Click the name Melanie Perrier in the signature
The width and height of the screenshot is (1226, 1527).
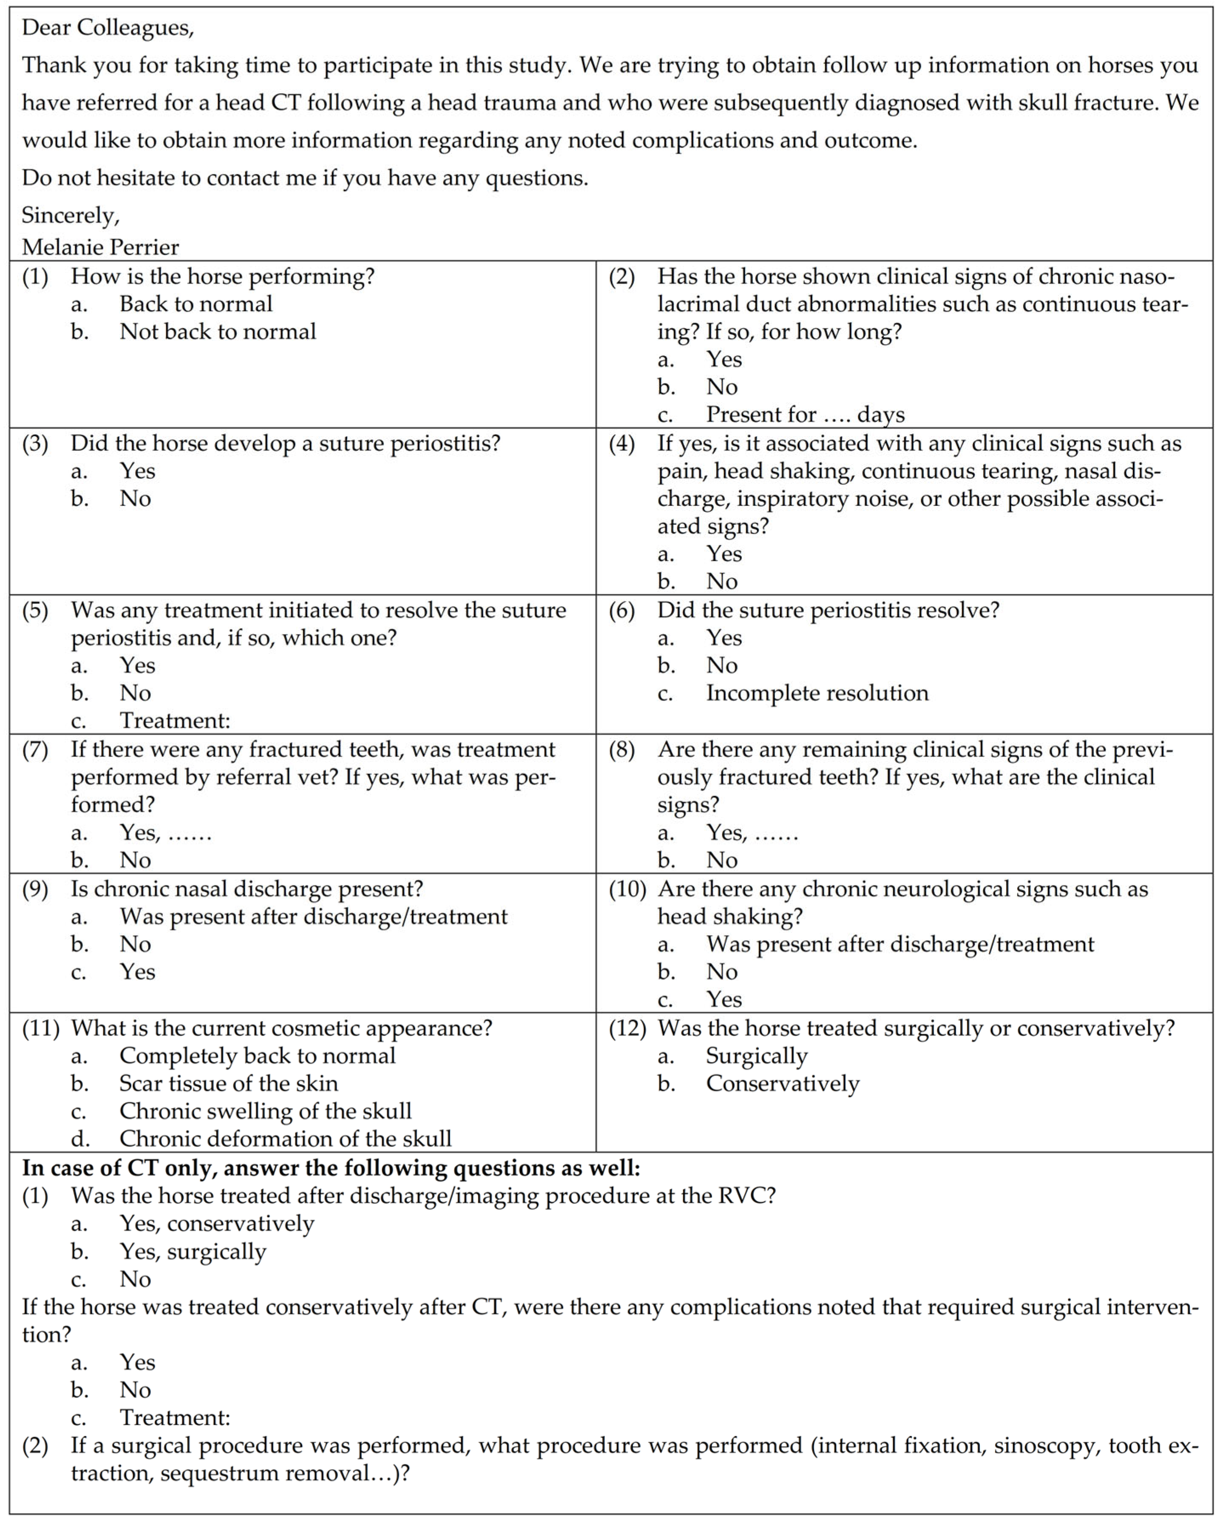point(100,247)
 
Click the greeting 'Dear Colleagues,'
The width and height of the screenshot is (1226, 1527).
point(108,28)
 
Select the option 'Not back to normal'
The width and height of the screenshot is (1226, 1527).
point(217,331)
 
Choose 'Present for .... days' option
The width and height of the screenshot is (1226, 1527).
point(805,414)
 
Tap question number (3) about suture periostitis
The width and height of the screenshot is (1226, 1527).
point(35,443)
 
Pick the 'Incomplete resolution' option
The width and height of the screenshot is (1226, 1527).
point(817,693)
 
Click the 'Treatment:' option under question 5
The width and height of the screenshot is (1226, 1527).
point(174,720)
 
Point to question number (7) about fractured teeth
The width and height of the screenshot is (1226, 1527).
point(35,749)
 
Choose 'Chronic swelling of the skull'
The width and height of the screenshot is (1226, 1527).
point(265,1110)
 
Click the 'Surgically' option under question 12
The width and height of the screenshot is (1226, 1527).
point(756,1055)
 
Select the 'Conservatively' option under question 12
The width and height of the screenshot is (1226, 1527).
point(782,1083)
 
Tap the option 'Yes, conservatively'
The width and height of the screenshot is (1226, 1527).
point(217,1223)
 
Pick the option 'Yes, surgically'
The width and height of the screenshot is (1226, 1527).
point(193,1251)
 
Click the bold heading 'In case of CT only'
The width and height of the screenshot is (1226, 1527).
point(331,1167)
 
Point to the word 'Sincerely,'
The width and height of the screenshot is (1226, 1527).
point(70,214)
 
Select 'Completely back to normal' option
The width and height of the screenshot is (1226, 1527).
point(257,1055)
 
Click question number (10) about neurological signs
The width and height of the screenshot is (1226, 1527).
point(627,889)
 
